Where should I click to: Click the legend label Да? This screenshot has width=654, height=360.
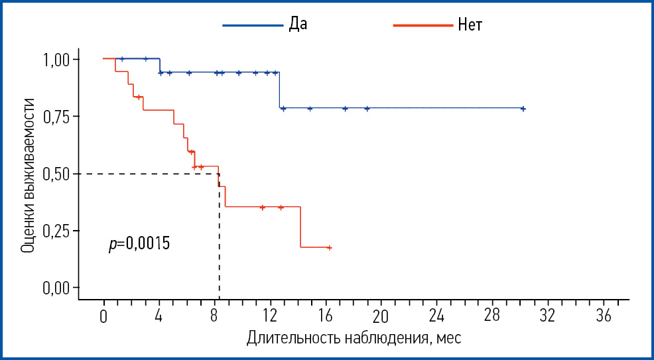[298, 25]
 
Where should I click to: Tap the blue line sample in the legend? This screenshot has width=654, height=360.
[252, 25]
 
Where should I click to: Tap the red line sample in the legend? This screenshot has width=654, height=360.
[423, 25]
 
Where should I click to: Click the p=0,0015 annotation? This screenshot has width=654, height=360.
[139, 244]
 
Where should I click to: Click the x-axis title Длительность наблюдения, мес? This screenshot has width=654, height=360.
[354, 338]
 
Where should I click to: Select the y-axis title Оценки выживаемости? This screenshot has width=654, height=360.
[28, 174]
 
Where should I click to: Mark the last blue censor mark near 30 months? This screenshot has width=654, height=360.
[523, 109]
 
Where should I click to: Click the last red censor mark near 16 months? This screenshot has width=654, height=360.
[329, 247]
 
